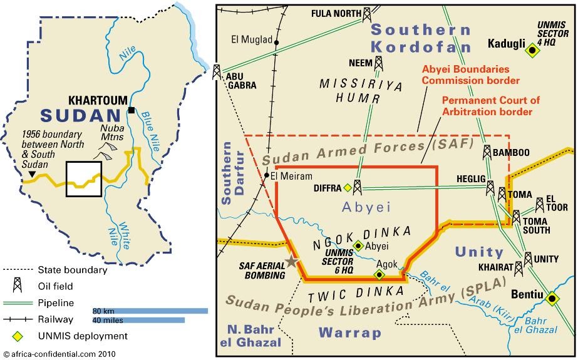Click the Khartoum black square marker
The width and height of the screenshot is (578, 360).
[x=131, y=110]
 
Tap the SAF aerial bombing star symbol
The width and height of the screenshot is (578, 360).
[x=291, y=262]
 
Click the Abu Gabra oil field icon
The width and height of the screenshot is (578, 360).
[x=217, y=71]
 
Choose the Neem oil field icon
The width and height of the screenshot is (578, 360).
[x=379, y=63]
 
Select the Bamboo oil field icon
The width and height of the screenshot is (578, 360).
[x=487, y=152]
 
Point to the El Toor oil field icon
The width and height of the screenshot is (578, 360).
[x=540, y=205]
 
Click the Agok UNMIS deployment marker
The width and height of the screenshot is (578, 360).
[x=378, y=274]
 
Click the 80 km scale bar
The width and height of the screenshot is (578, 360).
[x=150, y=311]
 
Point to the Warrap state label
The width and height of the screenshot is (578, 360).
[x=349, y=332]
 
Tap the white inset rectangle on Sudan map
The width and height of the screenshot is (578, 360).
[x=84, y=179]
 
